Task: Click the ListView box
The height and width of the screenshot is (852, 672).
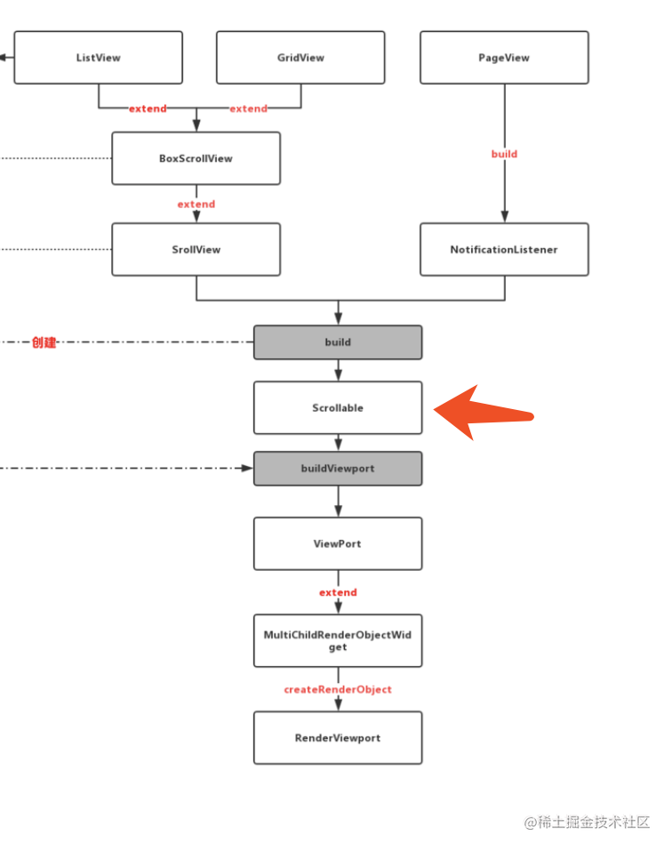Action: point(99,58)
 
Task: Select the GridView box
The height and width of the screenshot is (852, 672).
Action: point(300,58)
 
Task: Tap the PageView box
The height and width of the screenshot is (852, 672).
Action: point(504,58)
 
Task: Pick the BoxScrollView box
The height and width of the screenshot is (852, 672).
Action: point(196,158)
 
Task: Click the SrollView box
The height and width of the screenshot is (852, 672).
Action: point(196,249)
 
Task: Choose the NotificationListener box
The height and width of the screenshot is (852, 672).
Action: point(504,249)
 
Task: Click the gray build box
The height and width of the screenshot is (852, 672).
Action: point(338,342)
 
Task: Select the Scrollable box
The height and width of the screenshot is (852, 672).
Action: point(338,407)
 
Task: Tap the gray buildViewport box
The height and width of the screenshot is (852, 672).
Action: point(338,469)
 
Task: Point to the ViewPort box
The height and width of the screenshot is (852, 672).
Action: point(338,543)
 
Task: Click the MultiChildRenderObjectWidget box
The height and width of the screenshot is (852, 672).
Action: point(338,640)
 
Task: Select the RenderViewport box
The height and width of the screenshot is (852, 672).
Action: point(338,738)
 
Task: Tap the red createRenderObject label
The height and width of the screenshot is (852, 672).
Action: point(338,689)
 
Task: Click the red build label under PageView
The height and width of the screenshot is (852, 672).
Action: point(504,154)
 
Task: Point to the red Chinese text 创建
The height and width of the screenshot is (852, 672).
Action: point(44,342)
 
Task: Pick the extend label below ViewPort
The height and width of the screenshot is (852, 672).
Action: point(338,592)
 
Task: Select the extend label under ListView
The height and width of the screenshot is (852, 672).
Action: point(148,109)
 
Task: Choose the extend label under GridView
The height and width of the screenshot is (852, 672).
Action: point(248,109)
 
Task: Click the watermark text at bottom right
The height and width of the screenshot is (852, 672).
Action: point(587,822)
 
